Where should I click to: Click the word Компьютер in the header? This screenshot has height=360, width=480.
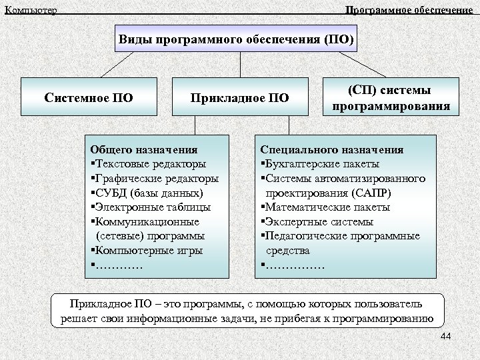pos(31,10)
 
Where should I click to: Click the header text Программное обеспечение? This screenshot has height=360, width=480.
pos(411,10)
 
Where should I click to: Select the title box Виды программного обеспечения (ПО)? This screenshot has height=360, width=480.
pos(237,39)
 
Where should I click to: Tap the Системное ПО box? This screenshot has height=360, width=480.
pos(89,99)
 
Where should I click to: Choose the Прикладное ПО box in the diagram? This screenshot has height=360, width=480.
pos(239,99)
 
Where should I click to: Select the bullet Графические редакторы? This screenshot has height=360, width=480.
pos(156,179)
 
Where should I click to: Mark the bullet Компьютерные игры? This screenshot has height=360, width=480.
pos(149,251)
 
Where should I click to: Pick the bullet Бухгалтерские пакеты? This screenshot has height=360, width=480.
pos(322,164)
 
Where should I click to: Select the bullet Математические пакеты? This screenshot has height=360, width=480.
pos(327,207)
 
